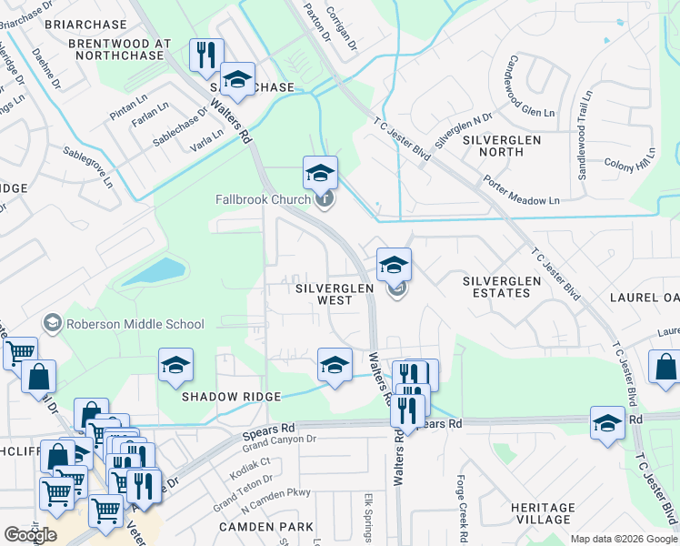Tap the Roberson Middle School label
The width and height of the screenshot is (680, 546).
click(x=135, y=324)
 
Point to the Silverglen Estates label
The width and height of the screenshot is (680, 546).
click(x=495, y=287)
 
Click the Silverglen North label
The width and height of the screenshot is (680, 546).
click(x=501, y=146)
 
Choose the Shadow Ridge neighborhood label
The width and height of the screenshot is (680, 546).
click(x=231, y=397)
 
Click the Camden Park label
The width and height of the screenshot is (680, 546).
click(x=266, y=527)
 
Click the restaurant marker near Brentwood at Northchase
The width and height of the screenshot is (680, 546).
click(x=205, y=54)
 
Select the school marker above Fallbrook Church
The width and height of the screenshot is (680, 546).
click(x=320, y=172)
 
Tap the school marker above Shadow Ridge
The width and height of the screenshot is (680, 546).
click(x=175, y=365)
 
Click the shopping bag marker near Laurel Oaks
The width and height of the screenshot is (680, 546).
click(x=665, y=367)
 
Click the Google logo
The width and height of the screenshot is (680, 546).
click(x=30, y=535)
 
